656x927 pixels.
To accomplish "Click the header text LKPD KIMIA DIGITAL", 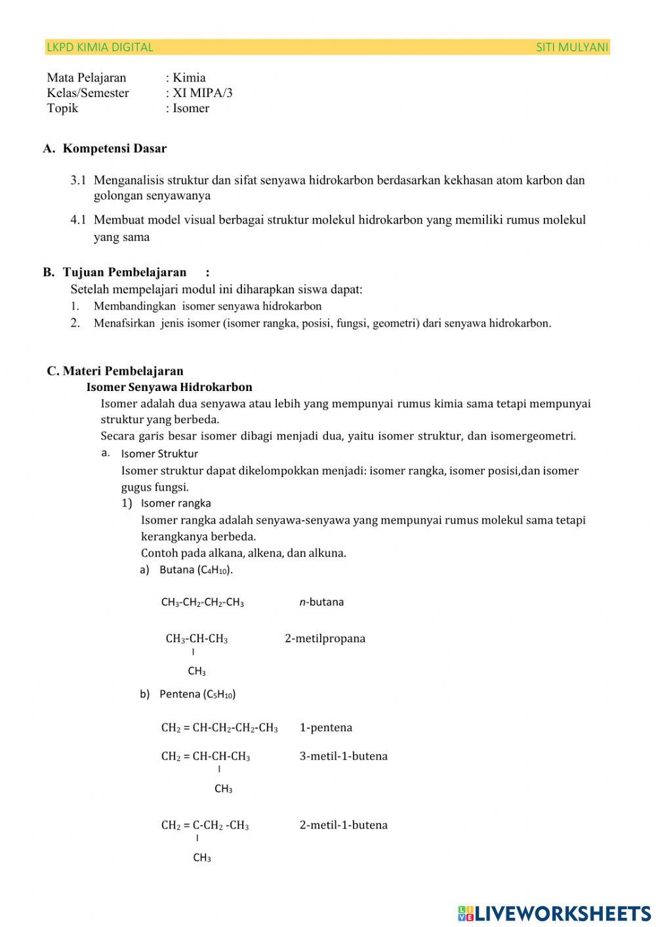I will tap(100, 47).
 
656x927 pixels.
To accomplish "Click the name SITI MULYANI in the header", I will tap(572, 47).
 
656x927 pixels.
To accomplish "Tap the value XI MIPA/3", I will tap(202, 93).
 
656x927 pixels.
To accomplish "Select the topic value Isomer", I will tap(191, 108).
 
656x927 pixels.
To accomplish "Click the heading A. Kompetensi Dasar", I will tap(105, 148).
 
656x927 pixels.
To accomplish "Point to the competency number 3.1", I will tap(78, 180).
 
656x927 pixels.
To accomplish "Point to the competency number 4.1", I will tap(78, 220).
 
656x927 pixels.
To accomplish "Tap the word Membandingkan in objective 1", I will tap(134, 306).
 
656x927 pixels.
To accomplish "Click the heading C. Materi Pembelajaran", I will tap(115, 371).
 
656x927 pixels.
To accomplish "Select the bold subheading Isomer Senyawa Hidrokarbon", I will tap(169, 387).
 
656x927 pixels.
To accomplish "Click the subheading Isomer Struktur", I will tap(159, 453).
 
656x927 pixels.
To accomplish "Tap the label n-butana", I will tap(321, 602).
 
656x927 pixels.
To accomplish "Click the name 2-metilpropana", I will tap(325, 638).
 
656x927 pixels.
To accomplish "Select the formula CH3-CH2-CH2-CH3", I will tap(202, 602).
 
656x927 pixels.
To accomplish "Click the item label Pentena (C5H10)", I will tap(197, 694).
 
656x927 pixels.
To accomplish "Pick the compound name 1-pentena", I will tap(326, 728).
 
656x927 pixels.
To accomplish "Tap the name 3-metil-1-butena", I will tap(343, 756).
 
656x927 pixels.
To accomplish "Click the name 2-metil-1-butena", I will tap(343, 825).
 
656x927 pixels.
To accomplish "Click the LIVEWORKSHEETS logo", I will tap(554, 913).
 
